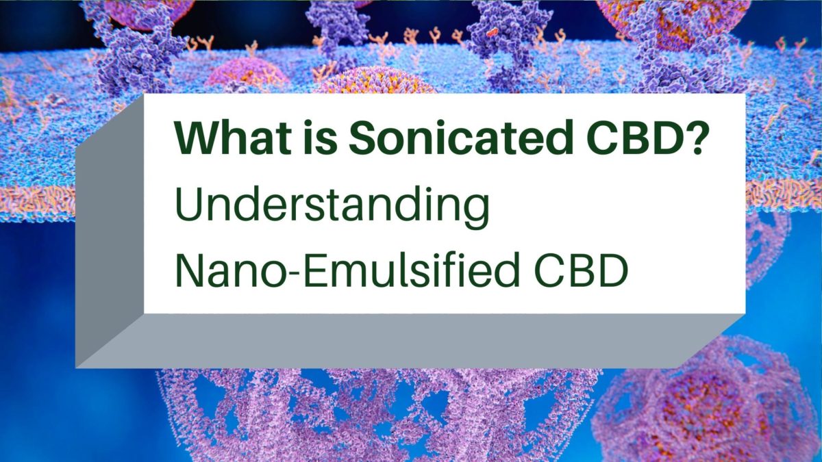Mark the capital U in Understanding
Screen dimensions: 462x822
click(190, 205)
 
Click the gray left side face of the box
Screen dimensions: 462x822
click(110, 233)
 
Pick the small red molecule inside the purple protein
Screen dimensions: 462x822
click(490, 31)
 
